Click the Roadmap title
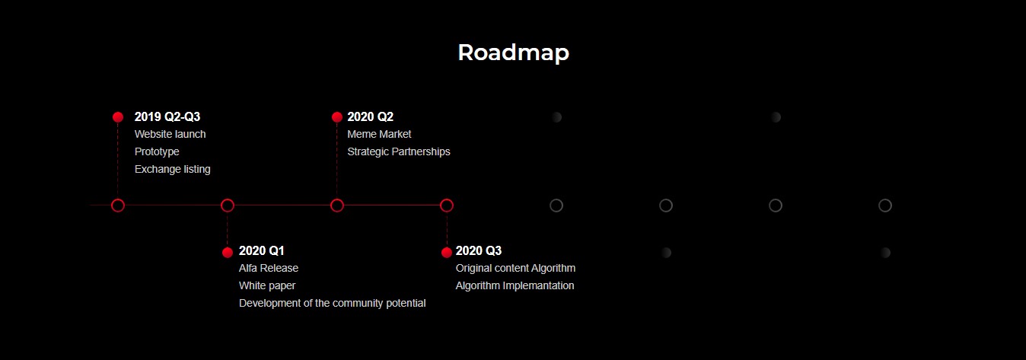tap(514, 53)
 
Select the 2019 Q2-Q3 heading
tap(167, 116)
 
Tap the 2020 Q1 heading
tap(262, 250)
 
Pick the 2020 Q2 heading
tap(370, 116)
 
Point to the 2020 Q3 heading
tap(479, 250)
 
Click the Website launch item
tap(170, 134)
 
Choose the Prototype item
tap(157, 151)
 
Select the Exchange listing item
tap(172, 169)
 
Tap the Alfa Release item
tap(269, 268)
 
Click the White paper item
tap(267, 286)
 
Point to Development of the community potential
tap(332, 303)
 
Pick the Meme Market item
tap(379, 134)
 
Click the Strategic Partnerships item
tap(399, 151)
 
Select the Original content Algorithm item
tap(515, 268)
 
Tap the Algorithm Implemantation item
tap(515, 286)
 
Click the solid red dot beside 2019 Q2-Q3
tap(118, 117)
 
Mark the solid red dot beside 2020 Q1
tap(227, 253)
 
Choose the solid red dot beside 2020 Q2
tap(336, 117)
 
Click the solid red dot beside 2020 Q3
tap(447, 253)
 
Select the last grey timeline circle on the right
tap(885, 199)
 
